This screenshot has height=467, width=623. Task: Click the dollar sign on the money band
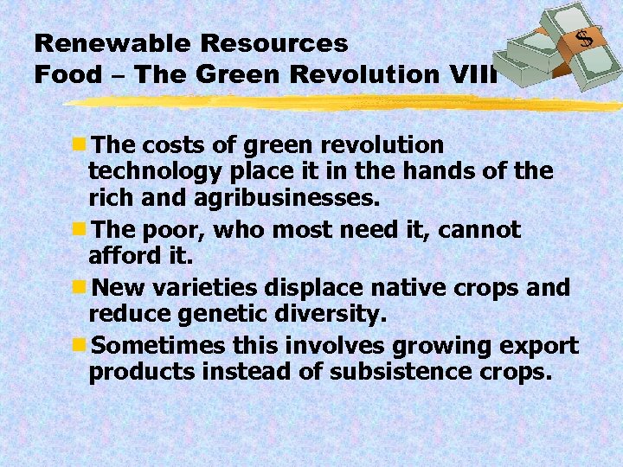pyautogui.click(x=586, y=39)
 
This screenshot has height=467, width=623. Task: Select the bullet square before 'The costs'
pyautogui.click(x=80, y=144)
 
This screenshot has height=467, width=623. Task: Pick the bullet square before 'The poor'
pyautogui.click(x=80, y=230)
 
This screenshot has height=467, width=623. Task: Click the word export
pyautogui.click(x=536, y=347)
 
